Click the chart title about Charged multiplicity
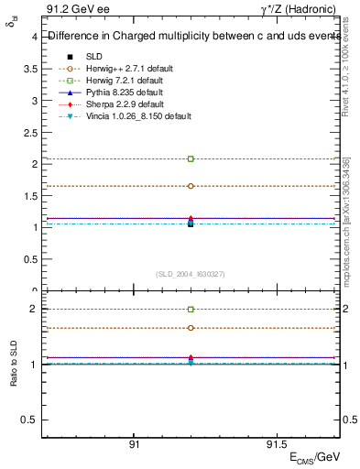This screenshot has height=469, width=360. [189, 38]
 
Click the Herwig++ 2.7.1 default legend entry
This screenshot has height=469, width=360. [129, 69]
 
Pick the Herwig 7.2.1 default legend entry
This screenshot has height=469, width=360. [124, 81]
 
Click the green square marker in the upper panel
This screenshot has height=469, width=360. [191, 158]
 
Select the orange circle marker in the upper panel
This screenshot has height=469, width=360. [191, 186]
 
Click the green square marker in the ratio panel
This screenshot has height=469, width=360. [191, 310]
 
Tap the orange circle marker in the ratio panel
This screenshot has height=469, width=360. [191, 328]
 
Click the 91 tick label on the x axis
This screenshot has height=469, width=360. [134, 445]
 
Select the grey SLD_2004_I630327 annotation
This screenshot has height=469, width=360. [191, 273]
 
